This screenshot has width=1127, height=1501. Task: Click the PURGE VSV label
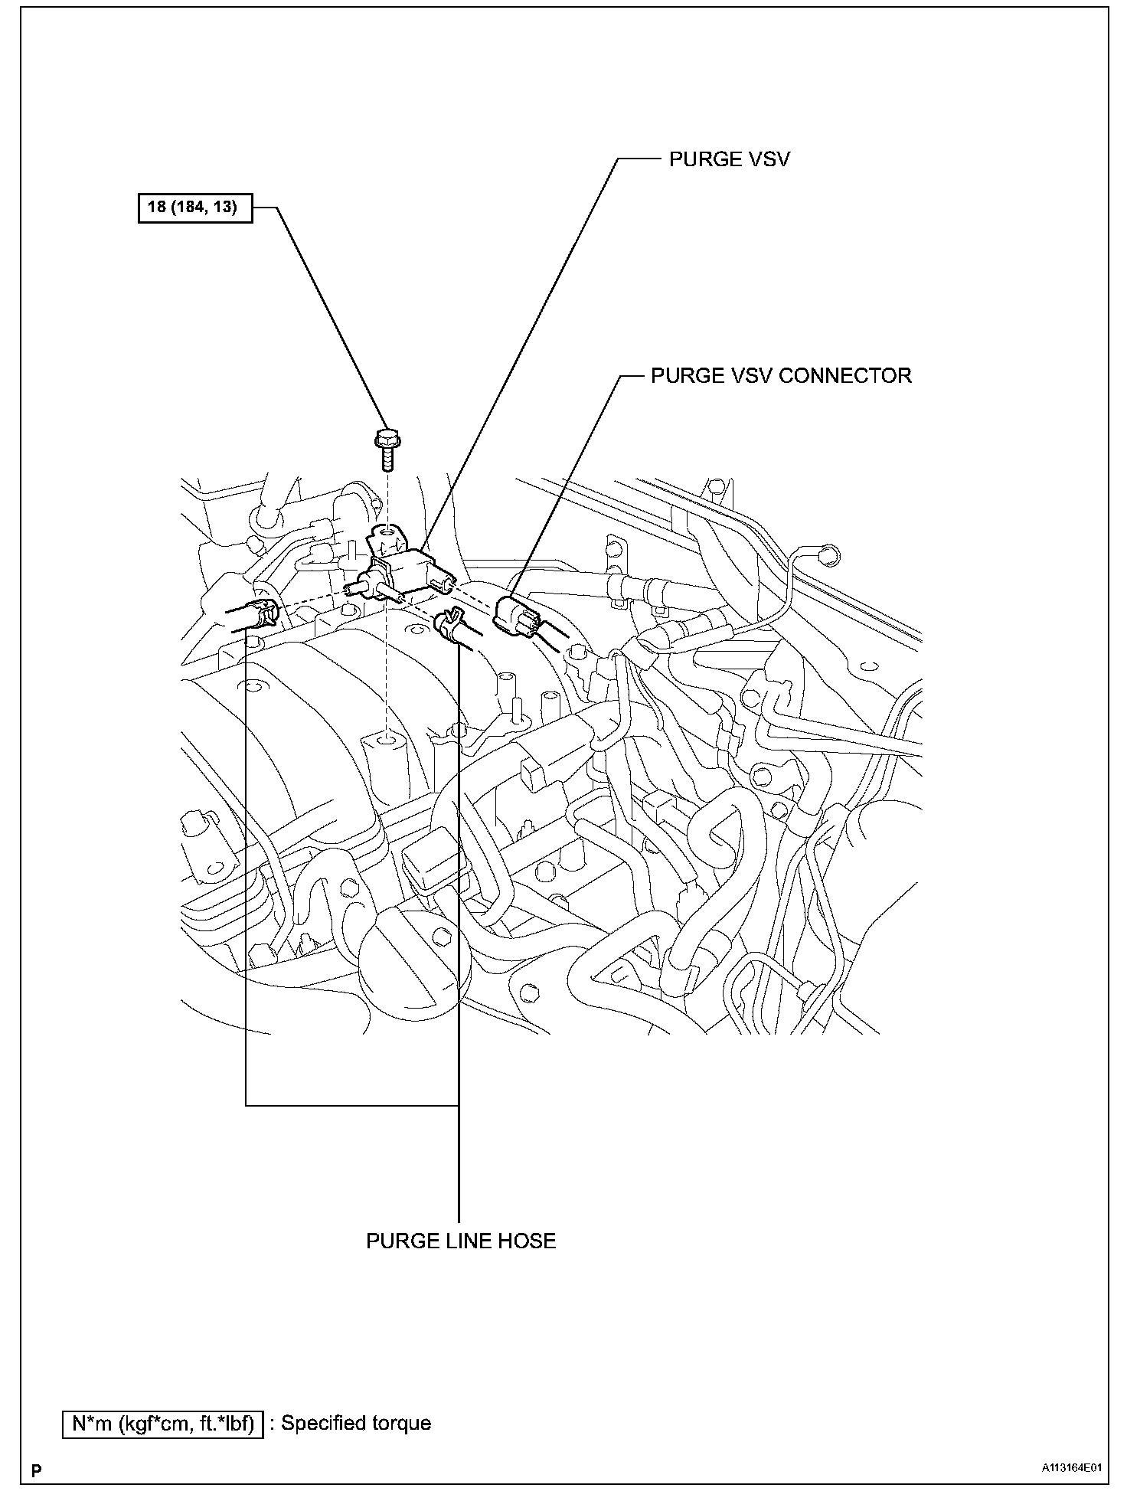pos(729,159)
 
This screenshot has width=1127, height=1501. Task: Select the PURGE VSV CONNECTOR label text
pos(781,376)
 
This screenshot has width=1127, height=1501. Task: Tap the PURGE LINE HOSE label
pos(461,1241)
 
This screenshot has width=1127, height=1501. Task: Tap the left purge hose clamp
pos(264,613)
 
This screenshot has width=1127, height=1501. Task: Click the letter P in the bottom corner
pos(36,1470)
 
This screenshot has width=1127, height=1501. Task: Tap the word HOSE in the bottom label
pos(527,1241)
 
